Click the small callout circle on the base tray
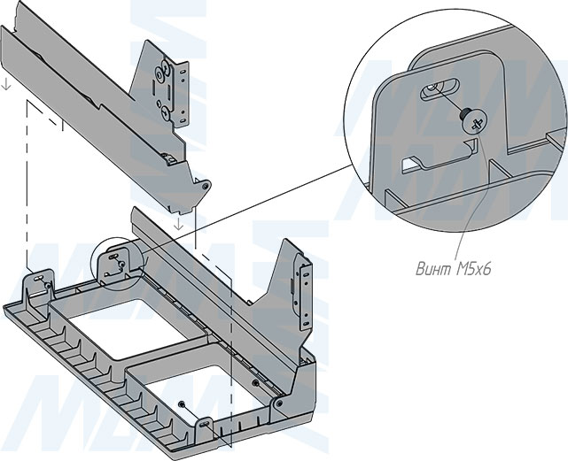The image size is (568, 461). click(x=116, y=263)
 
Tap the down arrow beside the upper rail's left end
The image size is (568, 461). click(x=7, y=84)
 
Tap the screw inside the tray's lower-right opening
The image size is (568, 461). click(x=182, y=403)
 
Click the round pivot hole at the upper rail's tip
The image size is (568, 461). click(x=204, y=187)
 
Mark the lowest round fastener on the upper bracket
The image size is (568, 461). click(x=166, y=111)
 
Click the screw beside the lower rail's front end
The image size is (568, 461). click(x=257, y=382)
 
